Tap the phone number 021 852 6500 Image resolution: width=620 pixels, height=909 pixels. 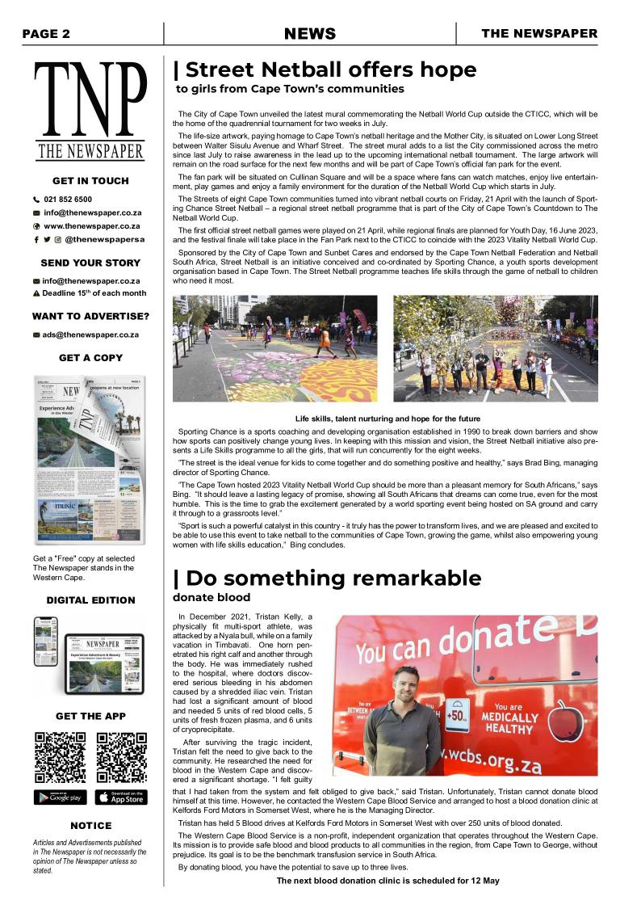[x=67, y=199]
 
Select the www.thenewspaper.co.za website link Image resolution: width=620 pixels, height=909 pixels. [x=91, y=226]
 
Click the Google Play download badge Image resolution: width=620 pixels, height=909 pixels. [x=60, y=797]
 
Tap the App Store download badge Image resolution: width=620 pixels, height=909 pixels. [x=121, y=797]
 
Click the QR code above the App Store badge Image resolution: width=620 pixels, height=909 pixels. [x=121, y=757]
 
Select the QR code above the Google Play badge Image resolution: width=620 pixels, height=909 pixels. [x=60, y=757]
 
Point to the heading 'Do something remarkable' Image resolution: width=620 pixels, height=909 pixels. [x=328, y=579]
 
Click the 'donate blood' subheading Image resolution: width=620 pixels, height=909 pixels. [x=212, y=598]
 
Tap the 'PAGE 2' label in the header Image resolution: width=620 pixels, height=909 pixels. [x=46, y=34]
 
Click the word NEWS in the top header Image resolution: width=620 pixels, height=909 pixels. [x=310, y=34]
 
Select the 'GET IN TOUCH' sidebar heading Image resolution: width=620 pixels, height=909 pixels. [x=90, y=181]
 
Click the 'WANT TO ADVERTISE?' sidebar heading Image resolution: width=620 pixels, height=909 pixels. [x=90, y=316]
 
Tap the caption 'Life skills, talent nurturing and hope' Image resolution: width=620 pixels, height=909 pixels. [x=387, y=419]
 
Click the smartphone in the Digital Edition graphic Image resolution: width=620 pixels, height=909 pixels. [x=45, y=642]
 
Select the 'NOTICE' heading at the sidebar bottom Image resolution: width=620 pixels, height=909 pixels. [x=90, y=826]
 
